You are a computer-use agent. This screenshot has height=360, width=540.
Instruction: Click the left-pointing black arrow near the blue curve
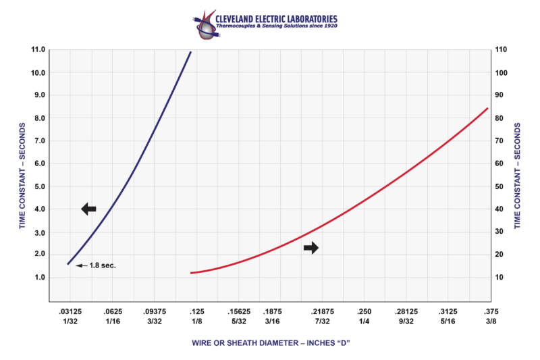point(89,209)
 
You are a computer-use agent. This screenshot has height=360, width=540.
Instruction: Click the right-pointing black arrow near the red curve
point(310,248)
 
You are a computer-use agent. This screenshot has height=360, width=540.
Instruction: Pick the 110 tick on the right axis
point(503,50)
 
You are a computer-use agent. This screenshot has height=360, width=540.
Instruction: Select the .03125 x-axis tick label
point(69,312)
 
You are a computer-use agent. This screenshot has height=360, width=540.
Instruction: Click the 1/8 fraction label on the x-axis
point(195,322)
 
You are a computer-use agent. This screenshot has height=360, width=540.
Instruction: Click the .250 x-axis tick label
point(364,312)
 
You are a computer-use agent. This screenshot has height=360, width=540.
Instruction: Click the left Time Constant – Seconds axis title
point(22,176)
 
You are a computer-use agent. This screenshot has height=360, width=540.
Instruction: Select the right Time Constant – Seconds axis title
point(518,176)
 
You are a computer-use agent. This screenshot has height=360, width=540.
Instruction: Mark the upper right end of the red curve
point(487,108)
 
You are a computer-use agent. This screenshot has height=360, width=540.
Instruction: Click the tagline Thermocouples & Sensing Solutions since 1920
point(276,26)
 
